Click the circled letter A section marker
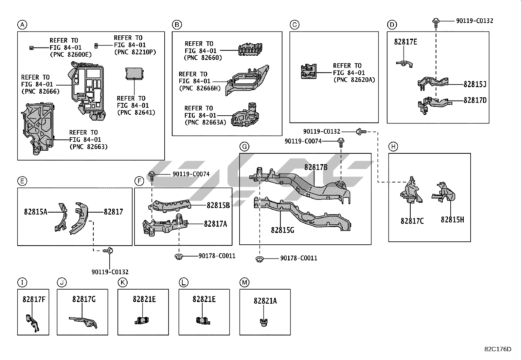tap(22, 25)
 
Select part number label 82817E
tap(405, 42)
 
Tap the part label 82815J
tap(475, 84)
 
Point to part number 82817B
tap(316, 167)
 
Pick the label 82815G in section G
tap(282, 230)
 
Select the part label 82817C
tap(412, 221)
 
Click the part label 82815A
tap(35, 212)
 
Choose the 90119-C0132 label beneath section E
tap(110, 272)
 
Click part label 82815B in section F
tap(218, 205)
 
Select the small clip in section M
tap(263, 323)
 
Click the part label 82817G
tap(84, 299)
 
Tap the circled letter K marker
tap(122, 282)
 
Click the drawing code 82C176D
tap(497, 349)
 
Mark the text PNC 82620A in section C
tap(354, 80)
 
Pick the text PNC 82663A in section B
tap(205, 123)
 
